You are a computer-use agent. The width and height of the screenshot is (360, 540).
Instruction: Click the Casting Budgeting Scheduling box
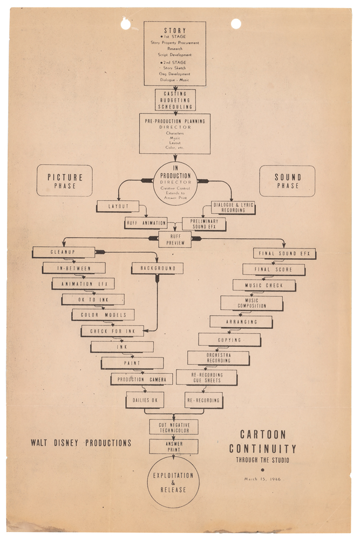(175, 100)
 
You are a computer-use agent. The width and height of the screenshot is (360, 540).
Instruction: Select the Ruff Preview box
(175, 239)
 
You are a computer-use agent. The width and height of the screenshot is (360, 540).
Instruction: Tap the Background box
(157, 268)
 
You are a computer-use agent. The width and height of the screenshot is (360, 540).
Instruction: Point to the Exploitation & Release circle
(173, 482)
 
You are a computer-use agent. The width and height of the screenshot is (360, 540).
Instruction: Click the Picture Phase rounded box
(64, 180)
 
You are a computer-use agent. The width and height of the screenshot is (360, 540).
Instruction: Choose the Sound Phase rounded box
(287, 181)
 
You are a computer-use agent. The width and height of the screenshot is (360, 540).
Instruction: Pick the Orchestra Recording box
(218, 357)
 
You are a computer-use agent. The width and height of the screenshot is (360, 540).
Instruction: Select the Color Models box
(103, 315)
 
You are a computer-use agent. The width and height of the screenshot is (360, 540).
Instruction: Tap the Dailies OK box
(145, 400)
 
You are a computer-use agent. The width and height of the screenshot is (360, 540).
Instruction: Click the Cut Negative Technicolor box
(174, 427)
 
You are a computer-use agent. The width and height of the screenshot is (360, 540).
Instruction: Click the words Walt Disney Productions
(81, 443)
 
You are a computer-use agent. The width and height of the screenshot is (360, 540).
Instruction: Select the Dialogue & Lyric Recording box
(233, 207)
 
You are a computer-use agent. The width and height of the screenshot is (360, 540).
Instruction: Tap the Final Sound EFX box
(284, 253)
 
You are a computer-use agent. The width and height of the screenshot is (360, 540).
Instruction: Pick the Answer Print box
(174, 446)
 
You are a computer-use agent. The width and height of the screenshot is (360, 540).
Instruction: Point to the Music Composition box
(251, 303)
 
